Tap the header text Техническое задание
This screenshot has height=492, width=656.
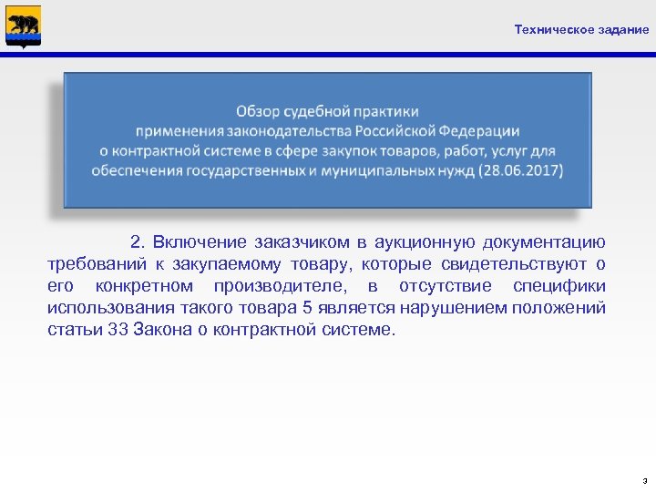click(581, 29)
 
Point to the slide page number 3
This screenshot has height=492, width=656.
click(644, 479)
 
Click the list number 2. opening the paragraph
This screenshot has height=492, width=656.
click(138, 242)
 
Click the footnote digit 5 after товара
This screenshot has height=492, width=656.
click(308, 308)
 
